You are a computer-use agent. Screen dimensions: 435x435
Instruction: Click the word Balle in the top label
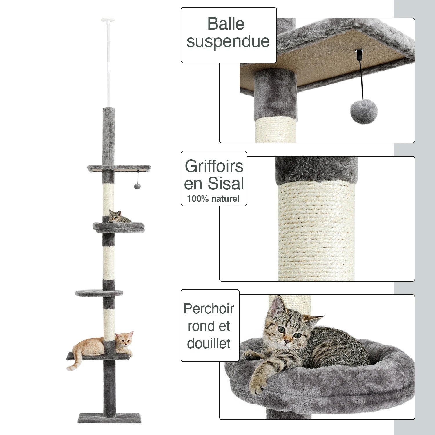coord(226,24)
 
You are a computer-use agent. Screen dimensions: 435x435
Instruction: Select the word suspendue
coord(228,41)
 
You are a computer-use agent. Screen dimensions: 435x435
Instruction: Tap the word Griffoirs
coord(214,166)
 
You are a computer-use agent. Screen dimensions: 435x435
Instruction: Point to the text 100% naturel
coord(213,199)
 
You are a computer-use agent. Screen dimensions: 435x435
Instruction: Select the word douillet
coord(209,343)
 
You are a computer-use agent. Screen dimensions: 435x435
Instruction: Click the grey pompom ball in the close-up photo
coord(364,113)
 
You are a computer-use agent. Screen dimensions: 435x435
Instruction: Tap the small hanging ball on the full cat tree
coord(136,186)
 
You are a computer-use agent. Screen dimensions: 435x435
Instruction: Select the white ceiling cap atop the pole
coord(108,20)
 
